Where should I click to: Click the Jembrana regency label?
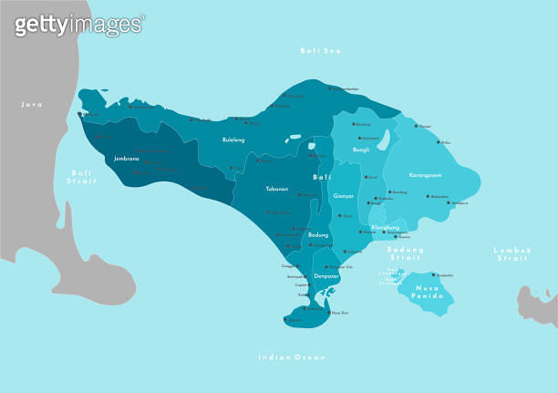(127, 158)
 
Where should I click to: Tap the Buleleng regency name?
(233, 140)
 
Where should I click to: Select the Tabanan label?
(276, 189)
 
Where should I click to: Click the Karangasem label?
(426, 173)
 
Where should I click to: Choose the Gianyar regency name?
(344, 195)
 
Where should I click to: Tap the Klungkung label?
(385, 227)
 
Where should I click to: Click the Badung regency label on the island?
(318, 234)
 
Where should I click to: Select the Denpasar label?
(326, 275)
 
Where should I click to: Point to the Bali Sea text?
(320, 50)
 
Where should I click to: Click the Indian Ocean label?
(291, 357)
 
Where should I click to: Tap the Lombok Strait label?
(511, 253)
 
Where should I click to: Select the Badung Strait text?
(405, 253)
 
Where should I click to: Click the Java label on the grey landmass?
(32, 105)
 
